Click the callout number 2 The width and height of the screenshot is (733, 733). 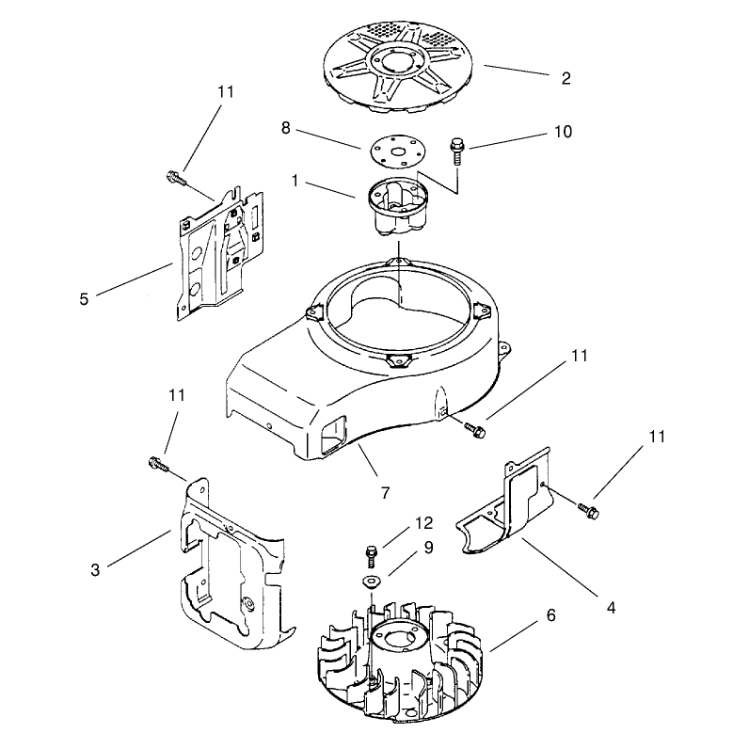pos(566,78)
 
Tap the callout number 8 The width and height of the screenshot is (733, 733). pos(286,128)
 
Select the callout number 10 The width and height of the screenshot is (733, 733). pos(563,132)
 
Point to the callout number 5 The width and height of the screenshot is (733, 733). pos(84,298)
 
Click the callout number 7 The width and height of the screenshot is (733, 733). pos(385,493)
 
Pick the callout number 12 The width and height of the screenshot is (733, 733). pos(423,523)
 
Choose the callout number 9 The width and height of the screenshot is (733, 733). pos(428,548)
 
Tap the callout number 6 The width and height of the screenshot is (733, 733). pos(551,615)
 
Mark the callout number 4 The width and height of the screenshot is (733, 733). pos(611,608)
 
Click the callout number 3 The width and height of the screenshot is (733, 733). pos(95,570)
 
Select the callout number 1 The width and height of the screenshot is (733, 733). pos(295,181)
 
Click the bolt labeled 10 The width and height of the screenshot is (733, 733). pos(455,150)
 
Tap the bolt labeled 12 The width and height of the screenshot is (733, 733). pos(371,556)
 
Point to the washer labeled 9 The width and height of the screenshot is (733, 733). pos(372,582)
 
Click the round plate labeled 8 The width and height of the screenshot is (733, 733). pos(398,151)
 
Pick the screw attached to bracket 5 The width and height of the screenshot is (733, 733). pos(176,178)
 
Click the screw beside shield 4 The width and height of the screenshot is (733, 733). pos(589,510)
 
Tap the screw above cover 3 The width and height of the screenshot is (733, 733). pos(158,465)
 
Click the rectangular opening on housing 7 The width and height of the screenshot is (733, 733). pos(333,435)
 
